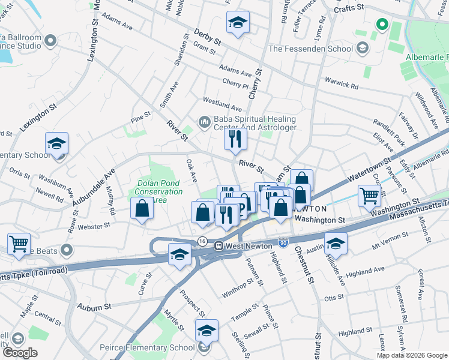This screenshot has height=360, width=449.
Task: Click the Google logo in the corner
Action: click(20, 353)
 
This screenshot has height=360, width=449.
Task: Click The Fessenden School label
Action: click(312, 48)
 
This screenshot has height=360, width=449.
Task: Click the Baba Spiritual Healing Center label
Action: click(255, 124)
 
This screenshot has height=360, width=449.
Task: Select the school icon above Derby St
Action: click(238, 23)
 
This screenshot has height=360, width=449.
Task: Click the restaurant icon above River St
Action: click(235, 139)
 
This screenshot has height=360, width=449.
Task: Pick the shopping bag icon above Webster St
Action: click(142, 209)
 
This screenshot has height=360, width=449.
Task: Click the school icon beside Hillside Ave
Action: click(336, 243)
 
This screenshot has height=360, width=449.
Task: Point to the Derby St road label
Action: click(208, 39)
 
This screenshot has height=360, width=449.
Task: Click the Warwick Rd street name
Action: click(342, 82)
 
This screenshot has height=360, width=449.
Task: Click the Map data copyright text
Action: click(412, 355)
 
